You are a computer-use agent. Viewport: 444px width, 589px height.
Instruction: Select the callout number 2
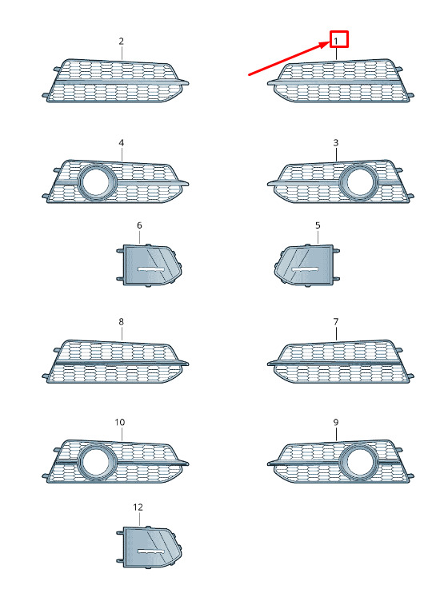pos(121,41)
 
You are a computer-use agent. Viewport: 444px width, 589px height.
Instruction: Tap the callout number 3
pos(336,143)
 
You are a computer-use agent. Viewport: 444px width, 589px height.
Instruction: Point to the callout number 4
pos(121,143)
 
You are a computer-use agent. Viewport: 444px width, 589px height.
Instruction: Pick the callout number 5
pos(318,225)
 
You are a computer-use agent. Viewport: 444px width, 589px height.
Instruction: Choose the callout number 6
pos(139,225)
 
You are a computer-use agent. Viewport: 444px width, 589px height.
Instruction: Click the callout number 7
pos(336,321)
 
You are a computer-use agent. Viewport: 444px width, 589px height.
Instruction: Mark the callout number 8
pos(121,321)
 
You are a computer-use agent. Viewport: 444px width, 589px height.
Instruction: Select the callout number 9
pos(336,422)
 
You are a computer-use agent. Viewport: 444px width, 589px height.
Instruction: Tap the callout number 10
pos(119,422)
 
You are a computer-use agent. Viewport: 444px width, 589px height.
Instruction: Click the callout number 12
pos(138,507)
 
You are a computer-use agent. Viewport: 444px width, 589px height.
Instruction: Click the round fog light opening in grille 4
pos(96,182)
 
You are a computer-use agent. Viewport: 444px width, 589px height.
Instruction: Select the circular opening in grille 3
pos(360,182)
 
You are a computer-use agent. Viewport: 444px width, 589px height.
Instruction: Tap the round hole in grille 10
pos(96,462)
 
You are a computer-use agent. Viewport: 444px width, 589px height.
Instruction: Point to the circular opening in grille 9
pos(360,462)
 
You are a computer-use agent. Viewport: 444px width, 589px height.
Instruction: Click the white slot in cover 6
pos(150,269)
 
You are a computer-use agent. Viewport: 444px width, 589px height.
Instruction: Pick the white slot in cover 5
pos(306,269)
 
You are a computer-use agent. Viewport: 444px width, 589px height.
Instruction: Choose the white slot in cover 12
pos(150,551)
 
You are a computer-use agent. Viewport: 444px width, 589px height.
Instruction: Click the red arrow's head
pos(326,44)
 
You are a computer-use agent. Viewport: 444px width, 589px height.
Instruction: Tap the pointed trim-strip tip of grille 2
pos(188,83)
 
